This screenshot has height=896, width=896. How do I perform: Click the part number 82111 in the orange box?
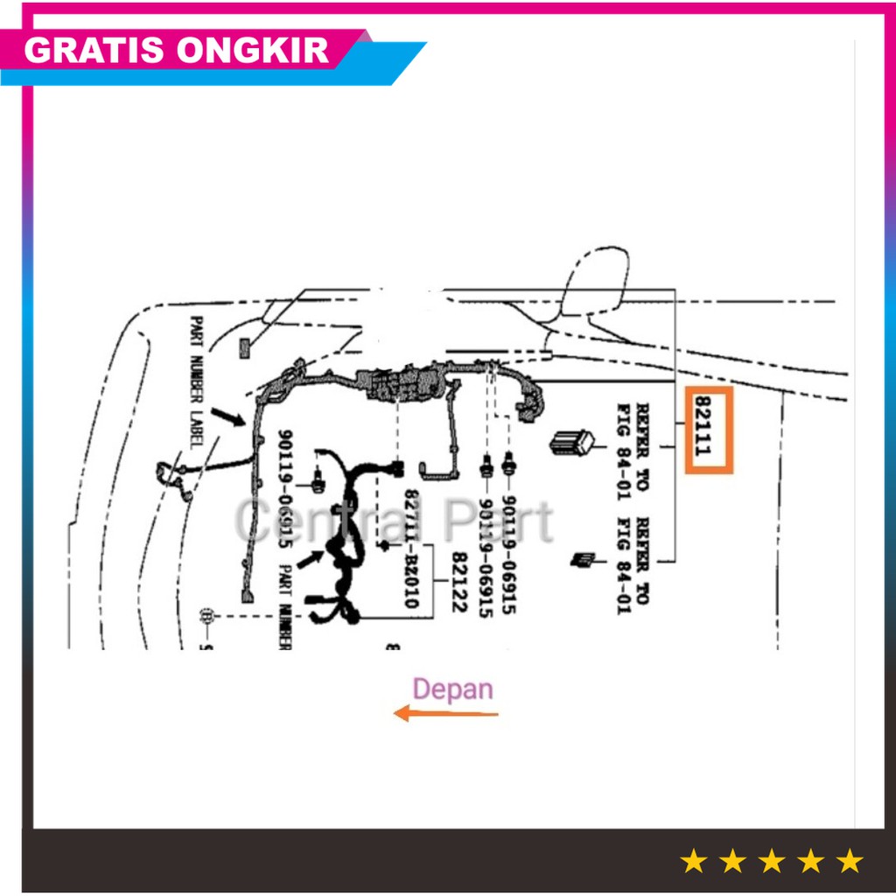pyautogui.click(x=708, y=430)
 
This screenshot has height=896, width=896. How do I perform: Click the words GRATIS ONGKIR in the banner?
pyautogui.click(x=177, y=51)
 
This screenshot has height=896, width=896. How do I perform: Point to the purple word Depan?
pyautogui.click(x=452, y=689)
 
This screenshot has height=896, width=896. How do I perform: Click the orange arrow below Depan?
pyautogui.click(x=445, y=714)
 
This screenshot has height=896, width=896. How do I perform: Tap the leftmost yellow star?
pyautogui.click(x=693, y=861)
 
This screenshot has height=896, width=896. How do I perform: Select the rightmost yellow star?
pyautogui.click(x=849, y=861)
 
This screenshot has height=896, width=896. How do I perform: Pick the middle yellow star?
pyautogui.click(x=771, y=861)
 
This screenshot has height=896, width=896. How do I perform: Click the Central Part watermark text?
pyautogui.click(x=394, y=522)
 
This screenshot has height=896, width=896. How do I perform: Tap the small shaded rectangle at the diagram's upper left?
pyautogui.click(x=244, y=348)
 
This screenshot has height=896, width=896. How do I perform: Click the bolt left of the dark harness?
pyautogui.click(x=318, y=479)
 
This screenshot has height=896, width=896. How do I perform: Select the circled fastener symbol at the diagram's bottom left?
pyautogui.click(x=208, y=616)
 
